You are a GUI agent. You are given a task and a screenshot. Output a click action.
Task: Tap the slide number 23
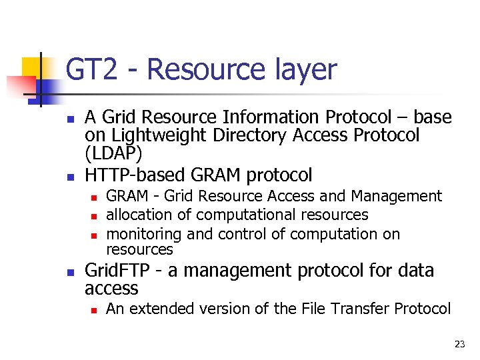click(x=459, y=344)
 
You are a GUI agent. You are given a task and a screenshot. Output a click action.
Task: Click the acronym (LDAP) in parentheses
click(x=113, y=154)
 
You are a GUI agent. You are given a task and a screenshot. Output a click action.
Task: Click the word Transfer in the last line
click(x=359, y=309)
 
